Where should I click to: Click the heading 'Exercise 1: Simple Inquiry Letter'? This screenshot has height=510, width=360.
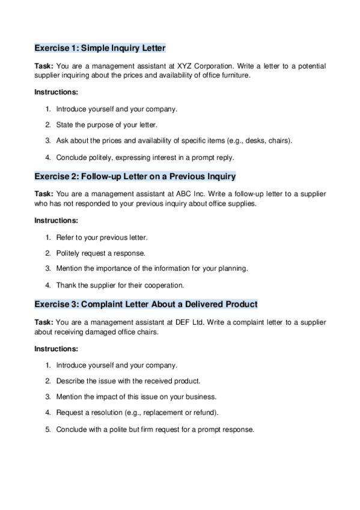(100, 48)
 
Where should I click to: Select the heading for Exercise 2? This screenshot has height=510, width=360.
(135, 176)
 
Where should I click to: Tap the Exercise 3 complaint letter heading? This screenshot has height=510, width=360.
(146, 305)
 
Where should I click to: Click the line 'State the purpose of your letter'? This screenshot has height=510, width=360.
(106, 125)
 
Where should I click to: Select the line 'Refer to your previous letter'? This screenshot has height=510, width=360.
(102, 238)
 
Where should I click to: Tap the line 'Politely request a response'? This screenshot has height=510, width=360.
(100, 253)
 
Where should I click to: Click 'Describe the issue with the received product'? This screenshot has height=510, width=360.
(128, 381)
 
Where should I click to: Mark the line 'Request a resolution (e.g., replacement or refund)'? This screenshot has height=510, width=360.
(137, 413)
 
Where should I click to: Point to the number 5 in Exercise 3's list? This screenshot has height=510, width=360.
(47, 429)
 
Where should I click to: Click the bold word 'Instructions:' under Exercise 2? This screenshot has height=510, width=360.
(56, 220)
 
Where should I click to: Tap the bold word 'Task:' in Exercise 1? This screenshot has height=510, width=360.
(43, 66)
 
